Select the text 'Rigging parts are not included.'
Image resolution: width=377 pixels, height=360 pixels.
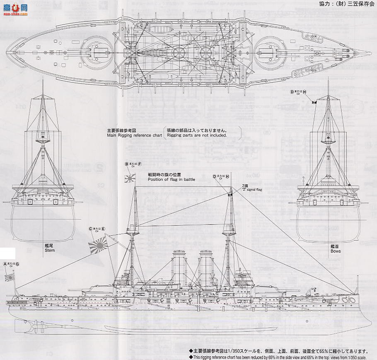pyautogui.click(x=197, y=135)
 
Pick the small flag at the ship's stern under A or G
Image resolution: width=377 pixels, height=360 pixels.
pyautogui.click(x=10, y=277)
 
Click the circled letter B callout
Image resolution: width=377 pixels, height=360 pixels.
pyautogui.click(x=127, y=164)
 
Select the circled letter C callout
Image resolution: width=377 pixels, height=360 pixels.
pyautogui.click(x=90, y=229)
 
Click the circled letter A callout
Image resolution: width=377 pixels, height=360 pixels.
pyautogui.click(x=5, y=264)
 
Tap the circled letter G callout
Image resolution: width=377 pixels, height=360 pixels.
pyautogui.click(x=17, y=264)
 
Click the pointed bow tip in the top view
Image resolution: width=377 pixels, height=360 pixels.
pyautogui.click(x=369, y=53)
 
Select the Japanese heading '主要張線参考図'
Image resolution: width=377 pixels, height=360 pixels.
pyautogui.click(x=120, y=129)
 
